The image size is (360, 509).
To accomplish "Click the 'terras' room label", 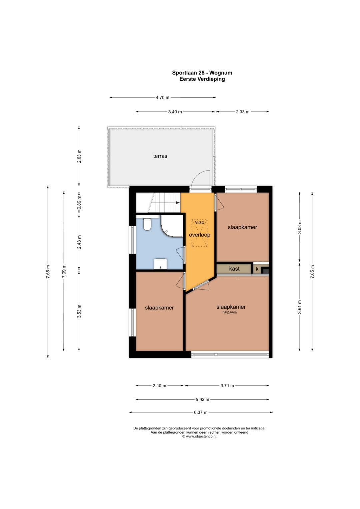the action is point(160,156).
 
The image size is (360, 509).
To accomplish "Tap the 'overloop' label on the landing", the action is point(200,235).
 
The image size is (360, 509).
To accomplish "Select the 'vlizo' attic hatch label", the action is point(200,222).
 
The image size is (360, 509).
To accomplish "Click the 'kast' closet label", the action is point(234,269).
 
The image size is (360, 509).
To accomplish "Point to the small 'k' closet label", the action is point(257,269).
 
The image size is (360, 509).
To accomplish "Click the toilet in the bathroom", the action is point(147,224).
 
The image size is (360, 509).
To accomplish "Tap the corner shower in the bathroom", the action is point(172,226).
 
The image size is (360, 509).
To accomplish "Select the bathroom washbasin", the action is point(160,264).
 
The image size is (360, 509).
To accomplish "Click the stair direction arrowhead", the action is point(177,202).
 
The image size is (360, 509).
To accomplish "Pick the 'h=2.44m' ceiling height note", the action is point(230,312).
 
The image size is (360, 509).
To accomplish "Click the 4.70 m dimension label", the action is point(163,97).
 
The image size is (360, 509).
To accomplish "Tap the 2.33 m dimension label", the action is point(243,112).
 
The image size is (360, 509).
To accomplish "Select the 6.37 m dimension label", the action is point(201,412).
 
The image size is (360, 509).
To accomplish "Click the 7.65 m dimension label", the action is point(48,272).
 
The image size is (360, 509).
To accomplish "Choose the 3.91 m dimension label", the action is point(300,307).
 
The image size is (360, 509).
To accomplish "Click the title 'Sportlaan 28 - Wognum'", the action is point(202,73).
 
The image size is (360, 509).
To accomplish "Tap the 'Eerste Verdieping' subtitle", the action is point(202,79).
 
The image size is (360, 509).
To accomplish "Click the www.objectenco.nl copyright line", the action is point(199,436).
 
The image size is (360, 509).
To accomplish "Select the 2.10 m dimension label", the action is point(159,385).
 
